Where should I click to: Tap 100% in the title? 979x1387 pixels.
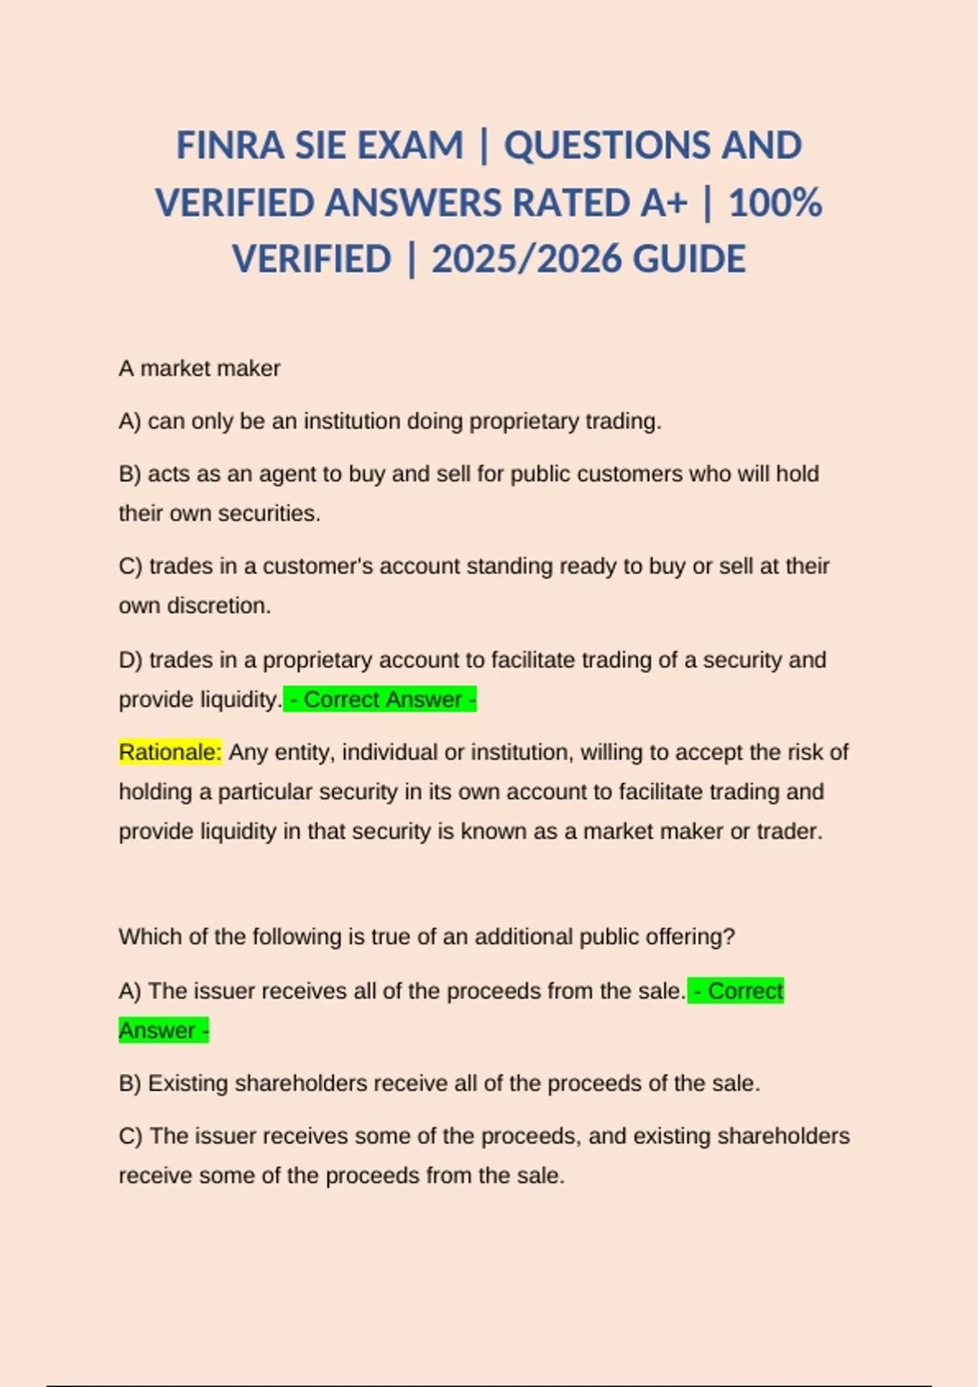(775, 203)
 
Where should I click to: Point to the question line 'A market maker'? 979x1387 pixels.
(199, 369)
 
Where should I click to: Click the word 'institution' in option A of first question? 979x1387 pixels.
(352, 422)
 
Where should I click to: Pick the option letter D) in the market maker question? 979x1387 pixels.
(131, 660)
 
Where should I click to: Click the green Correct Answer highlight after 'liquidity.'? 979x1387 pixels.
(380, 700)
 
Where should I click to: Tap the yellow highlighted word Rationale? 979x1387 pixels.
(170, 752)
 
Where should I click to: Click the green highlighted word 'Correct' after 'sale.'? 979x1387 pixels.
(744, 991)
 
